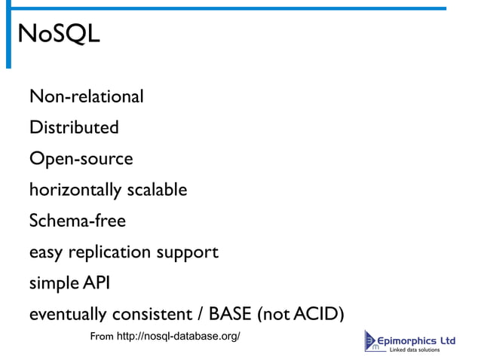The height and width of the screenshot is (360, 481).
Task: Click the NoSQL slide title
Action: [58, 34]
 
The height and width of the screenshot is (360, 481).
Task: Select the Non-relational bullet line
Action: [86, 97]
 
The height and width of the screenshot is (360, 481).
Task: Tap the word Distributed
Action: [74, 128]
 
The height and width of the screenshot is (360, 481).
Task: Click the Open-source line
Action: [81, 160]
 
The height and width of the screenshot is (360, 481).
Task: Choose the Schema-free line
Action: [77, 221]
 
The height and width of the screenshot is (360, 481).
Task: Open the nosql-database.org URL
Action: [179, 336]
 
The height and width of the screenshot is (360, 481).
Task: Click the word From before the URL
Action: [102, 336]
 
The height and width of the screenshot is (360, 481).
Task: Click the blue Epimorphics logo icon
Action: [373, 341]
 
